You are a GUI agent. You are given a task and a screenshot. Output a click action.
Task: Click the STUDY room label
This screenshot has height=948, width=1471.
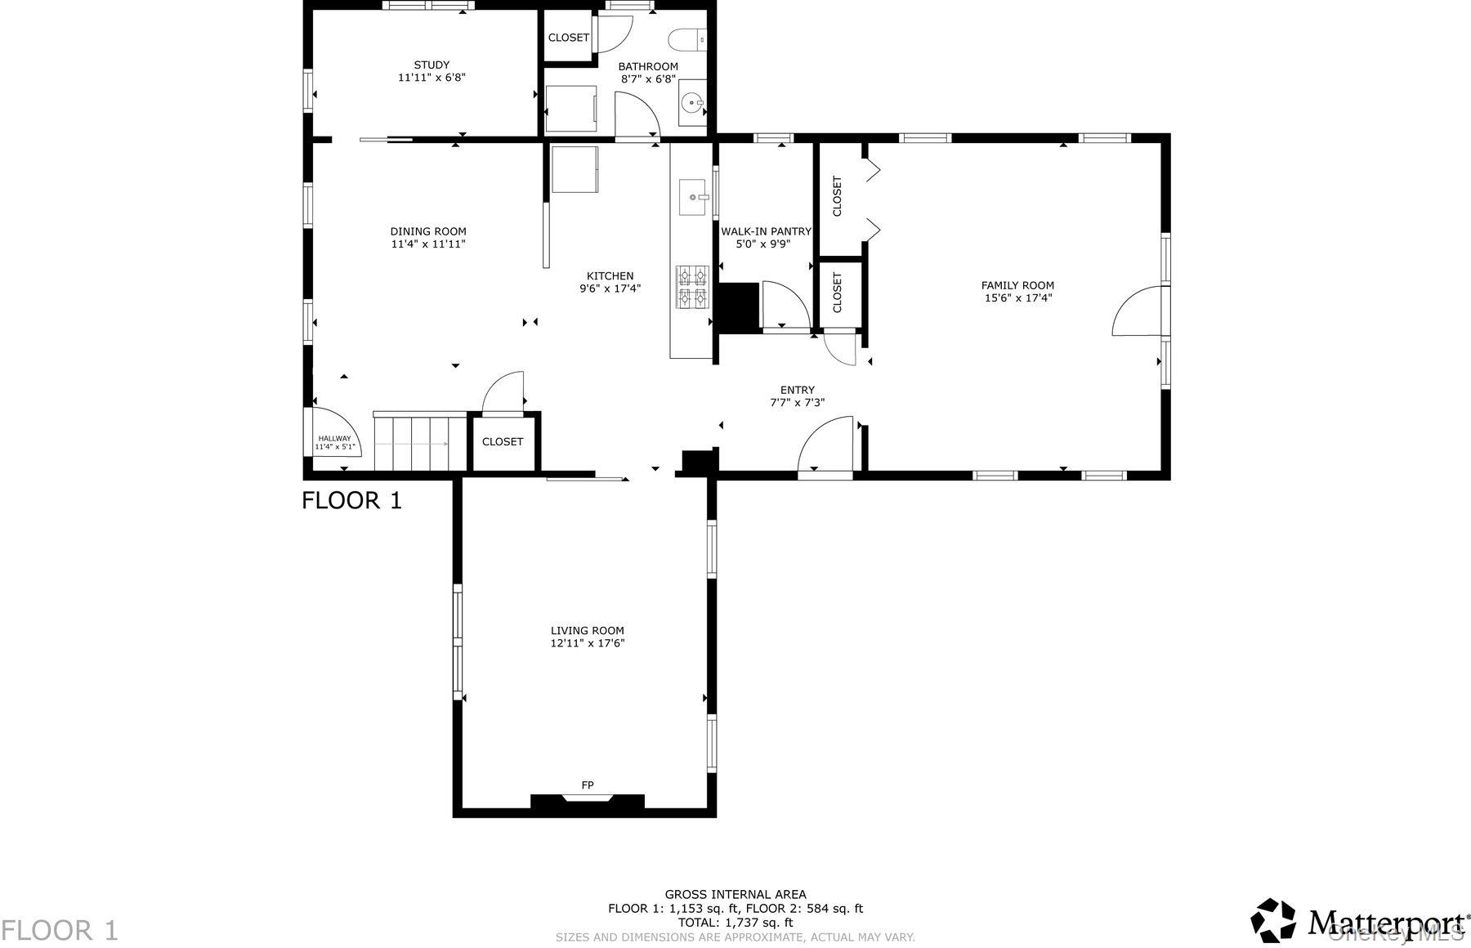pos(431,65)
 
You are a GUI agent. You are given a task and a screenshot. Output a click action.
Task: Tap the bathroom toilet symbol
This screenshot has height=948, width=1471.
pos(687,38)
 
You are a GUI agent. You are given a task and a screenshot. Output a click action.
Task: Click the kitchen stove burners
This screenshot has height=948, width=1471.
pos(691,287)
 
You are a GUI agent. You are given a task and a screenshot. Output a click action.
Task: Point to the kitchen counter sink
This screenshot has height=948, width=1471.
pos(693,198)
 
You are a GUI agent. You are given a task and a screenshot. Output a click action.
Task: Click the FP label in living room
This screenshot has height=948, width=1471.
pos(587,785)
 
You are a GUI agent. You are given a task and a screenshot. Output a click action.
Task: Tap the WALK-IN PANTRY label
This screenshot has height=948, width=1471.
pos(765,231)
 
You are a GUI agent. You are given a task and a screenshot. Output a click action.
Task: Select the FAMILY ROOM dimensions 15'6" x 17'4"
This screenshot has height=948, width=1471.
pos(1017,298)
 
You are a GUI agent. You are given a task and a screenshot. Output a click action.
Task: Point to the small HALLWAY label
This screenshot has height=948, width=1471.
pos(333,439)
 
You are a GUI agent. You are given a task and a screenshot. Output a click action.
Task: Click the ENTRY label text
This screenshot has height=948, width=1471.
pos(797,390)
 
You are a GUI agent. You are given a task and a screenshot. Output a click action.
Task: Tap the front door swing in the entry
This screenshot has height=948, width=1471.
pos(825,445)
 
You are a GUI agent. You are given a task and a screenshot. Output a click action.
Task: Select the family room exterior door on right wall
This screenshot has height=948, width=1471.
pos(1138,311)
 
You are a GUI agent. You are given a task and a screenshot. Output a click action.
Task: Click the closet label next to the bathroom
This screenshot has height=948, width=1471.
pos(568,38)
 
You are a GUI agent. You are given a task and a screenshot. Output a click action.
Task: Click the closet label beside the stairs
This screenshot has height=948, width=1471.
pos(502,441)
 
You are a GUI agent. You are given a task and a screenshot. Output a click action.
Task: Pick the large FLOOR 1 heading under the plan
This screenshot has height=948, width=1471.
pos(351,500)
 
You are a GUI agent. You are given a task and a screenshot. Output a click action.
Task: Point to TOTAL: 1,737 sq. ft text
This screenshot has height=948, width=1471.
pos(735,923)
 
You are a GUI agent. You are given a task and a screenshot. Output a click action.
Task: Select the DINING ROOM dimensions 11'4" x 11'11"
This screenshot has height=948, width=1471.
pos(428,244)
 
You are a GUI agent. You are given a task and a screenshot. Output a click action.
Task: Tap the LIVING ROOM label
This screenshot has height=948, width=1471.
pos(587,630)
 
